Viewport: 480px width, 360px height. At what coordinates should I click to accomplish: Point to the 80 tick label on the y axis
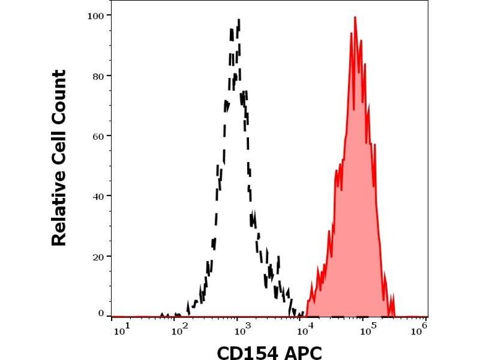tap(97, 76)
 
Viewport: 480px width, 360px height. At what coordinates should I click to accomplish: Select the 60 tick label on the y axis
tap(97, 136)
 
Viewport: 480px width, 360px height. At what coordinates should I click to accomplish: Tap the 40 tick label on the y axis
tap(97, 196)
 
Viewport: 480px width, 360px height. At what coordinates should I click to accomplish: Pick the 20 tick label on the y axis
tap(97, 256)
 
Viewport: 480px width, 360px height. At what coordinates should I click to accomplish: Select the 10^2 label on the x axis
tap(179, 328)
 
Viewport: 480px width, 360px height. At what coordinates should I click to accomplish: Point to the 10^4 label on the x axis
tap(303, 328)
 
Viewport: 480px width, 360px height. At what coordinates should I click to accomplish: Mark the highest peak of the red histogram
tap(355, 18)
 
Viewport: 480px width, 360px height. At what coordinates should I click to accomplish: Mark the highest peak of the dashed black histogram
tap(239, 20)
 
